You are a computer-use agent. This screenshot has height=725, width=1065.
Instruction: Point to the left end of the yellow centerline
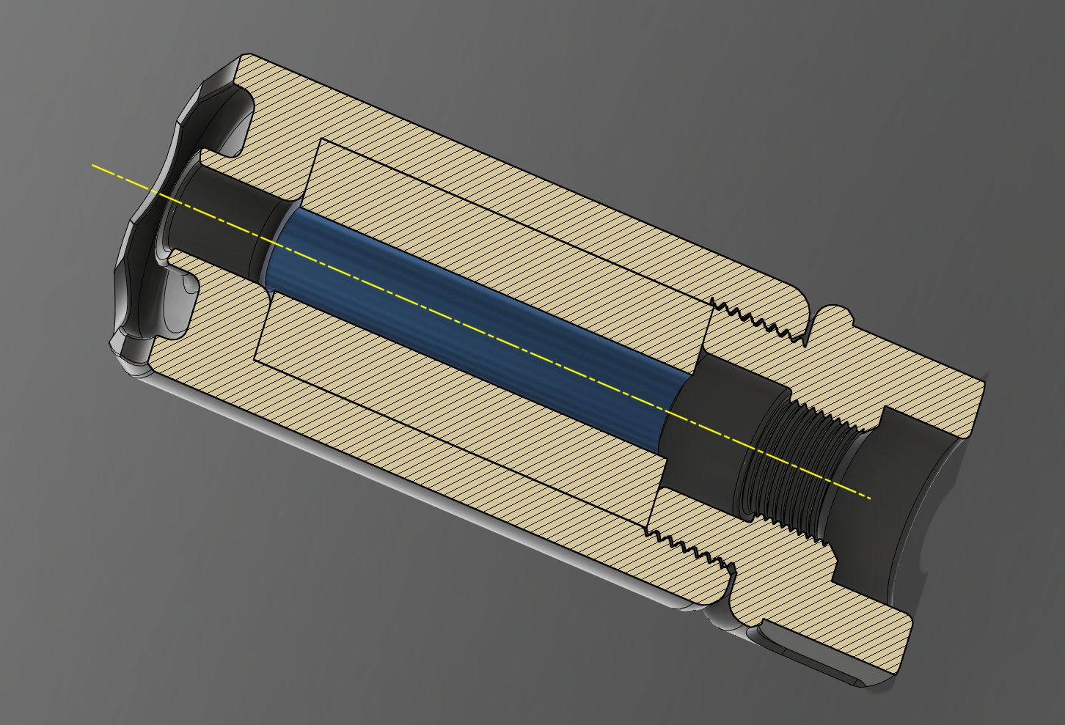(92, 166)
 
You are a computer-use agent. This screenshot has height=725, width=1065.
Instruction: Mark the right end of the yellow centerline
(871, 498)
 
